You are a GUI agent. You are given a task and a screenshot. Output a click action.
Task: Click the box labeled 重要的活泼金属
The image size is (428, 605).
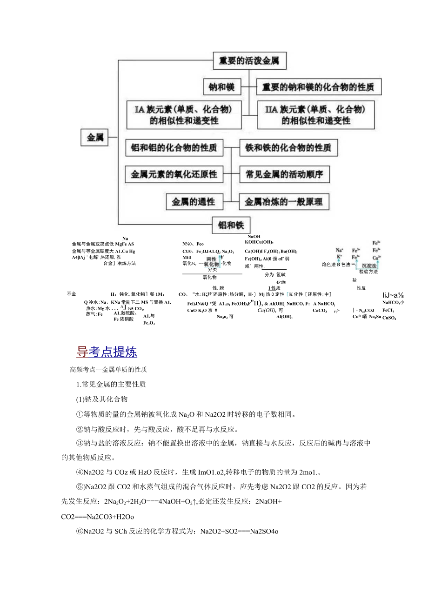click(249, 61)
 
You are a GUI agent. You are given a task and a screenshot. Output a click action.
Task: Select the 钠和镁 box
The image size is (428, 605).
click(224, 87)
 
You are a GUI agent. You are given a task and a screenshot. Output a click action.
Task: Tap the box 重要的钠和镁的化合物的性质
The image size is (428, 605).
click(321, 87)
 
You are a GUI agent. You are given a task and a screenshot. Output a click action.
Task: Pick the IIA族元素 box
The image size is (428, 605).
click(316, 115)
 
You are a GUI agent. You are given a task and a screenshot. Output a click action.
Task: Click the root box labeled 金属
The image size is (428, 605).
click(95, 138)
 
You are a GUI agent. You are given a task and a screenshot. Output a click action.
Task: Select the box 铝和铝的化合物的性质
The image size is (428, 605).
click(174, 148)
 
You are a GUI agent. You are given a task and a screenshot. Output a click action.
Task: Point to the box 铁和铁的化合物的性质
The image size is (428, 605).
click(288, 148)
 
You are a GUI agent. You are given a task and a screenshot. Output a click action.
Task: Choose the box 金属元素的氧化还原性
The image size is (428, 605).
click(174, 174)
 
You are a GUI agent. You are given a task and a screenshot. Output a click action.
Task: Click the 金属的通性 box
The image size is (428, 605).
click(194, 201)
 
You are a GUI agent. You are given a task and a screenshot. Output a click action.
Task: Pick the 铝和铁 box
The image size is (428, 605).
click(231, 225)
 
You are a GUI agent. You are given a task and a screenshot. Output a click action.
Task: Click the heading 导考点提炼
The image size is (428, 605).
click(107, 352)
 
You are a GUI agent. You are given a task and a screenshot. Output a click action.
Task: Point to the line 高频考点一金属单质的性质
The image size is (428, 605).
click(108, 370)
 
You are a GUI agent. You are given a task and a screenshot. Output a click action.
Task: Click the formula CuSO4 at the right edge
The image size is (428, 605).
click(389, 318)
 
